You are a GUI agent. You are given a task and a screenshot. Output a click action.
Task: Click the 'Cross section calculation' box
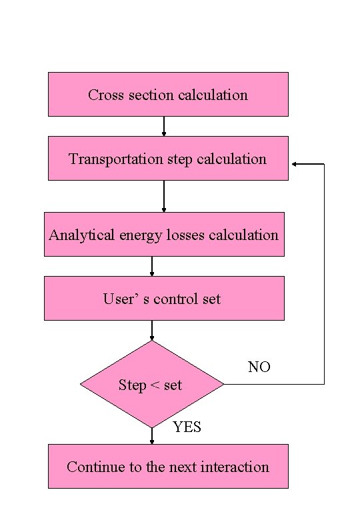click(168, 94)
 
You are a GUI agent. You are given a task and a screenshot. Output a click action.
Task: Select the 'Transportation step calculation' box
click(168, 158)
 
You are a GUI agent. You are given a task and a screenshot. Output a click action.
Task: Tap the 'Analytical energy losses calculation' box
click(164, 234)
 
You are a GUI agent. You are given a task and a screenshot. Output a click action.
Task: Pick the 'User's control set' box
click(164, 298)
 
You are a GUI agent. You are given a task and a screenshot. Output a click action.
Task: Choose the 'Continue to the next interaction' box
click(168, 466)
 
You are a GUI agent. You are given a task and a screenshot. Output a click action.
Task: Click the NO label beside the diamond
click(259, 367)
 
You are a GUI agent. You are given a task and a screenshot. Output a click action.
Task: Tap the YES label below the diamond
click(187, 427)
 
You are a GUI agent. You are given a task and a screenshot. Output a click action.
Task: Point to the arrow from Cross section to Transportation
click(164, 126)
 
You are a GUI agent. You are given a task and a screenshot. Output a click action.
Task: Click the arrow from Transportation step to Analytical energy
click(164, 196)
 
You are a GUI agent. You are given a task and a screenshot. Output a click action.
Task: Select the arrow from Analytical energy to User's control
click(152, 266)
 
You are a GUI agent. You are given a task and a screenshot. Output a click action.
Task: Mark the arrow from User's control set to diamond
click(152, 330)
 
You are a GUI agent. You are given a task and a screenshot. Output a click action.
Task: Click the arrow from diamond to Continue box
click(152, 436)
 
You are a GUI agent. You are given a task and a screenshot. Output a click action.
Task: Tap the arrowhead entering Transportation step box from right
click(294, 163)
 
